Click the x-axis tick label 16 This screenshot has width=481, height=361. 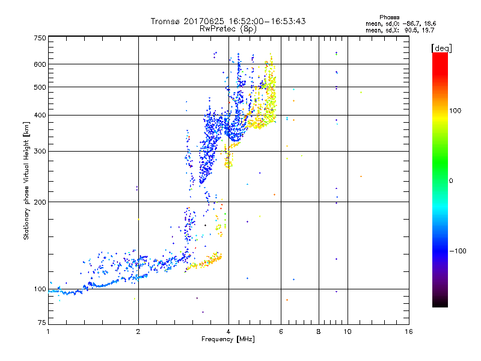409,332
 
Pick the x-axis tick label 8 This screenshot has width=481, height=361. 319,332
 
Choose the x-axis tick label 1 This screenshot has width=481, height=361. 48,332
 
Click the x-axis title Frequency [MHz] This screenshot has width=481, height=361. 228,339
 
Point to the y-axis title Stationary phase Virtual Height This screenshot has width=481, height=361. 26,182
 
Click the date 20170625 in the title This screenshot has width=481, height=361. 207,21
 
